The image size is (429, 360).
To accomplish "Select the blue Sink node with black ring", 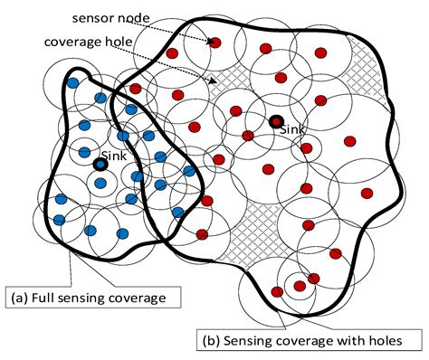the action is pyautogui.click(x=100, y=165).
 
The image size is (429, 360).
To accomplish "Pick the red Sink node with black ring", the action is pyautogui.click(x=274, y=122).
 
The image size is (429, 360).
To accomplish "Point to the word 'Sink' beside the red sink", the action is pyautogui.click(x=293, y=130).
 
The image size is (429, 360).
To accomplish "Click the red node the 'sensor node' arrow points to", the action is pyautogui.click(x=216, y=42).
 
